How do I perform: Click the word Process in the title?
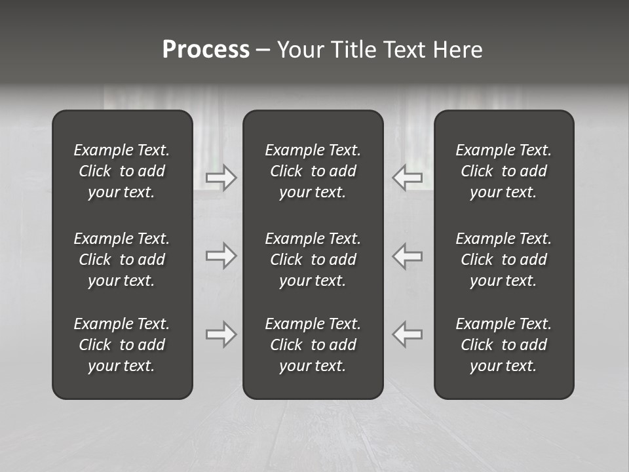[206, 50]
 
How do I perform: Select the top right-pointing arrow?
[221, 178]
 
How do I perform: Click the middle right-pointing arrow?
[221, 255]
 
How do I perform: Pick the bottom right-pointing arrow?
[221, 334]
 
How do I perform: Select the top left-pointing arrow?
[408, 178]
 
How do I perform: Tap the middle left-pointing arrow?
[408, 255]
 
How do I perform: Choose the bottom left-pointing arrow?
[408, 334]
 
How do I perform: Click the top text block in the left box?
[122, 171]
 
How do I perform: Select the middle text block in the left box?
[122, 260]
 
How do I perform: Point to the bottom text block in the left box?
[122, 345]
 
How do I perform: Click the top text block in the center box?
[313, 171]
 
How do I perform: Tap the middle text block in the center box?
[313, 260]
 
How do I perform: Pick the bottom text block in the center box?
[313, 345]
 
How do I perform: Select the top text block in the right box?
[504, 171]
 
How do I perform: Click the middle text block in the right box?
[504, 260]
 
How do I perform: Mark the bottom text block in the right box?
[504, 345]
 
